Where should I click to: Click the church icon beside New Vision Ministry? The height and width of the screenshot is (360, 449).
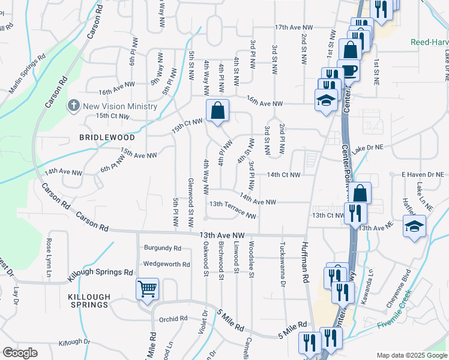(73, 106)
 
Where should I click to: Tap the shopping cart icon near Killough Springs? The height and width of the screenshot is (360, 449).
(147, 289)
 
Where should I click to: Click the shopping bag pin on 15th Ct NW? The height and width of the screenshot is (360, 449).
(217, 110)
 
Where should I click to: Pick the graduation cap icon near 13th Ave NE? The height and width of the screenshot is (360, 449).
(414, 226)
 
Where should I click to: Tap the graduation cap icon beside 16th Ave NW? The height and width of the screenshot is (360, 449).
(325, 99)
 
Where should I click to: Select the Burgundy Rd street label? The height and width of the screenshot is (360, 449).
(162, 248)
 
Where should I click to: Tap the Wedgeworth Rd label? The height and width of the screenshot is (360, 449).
(166, 264)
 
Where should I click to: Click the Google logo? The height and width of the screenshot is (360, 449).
(20, 353)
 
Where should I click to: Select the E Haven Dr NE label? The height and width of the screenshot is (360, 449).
(422, 175)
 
